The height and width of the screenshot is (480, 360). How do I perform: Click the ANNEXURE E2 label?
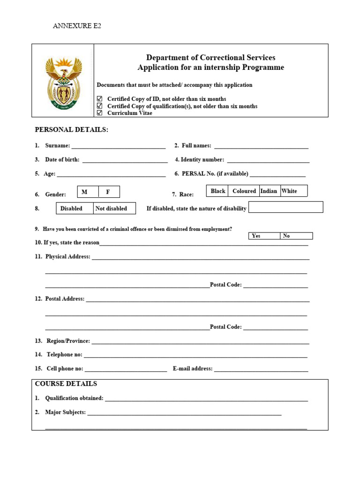[77, 26]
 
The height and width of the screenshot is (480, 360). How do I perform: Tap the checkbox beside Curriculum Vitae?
[99, 113]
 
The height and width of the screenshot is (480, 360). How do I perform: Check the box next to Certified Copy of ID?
[99, 99]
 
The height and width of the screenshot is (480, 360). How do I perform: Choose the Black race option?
[217, 191]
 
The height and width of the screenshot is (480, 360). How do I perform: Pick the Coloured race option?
[244, 191]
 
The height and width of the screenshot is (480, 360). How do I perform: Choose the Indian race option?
[269, 191]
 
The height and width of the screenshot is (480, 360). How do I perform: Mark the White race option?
[293, 191]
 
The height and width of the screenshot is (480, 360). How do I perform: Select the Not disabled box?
[114, 209]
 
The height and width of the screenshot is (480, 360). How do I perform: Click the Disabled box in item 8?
[75, 209]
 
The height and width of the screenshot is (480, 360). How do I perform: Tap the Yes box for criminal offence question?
[264, 236]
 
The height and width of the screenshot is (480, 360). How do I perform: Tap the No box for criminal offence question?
[296, 236]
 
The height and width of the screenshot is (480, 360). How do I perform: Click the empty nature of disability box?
[285, 207]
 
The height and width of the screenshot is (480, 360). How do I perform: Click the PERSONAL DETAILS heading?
[71, 129]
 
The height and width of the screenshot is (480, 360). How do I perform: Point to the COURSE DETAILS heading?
[66, 384]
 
